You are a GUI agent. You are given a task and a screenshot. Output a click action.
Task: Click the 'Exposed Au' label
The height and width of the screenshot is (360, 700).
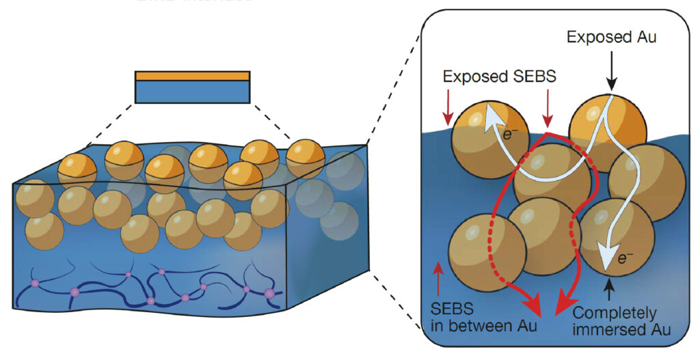click(x=611, y=38)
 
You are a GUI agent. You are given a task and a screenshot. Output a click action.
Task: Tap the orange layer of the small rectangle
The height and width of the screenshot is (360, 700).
click(x=192, y=76)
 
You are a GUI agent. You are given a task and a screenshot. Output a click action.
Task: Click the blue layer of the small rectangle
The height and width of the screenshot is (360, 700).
click(x=192, y=92)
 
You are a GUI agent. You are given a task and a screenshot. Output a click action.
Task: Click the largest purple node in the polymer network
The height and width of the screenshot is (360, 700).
click(x=269, y=293)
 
